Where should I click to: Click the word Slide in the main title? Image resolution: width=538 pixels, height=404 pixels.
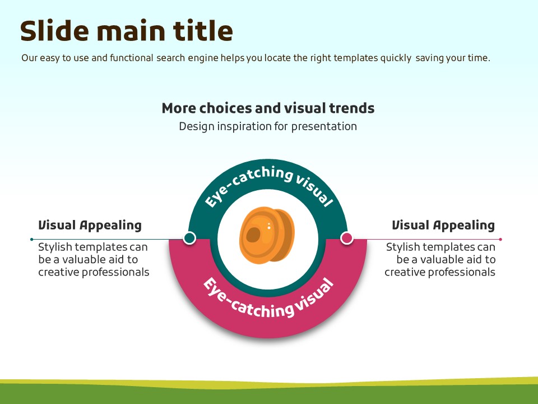(x=54, y=30)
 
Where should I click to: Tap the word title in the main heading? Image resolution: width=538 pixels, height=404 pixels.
(x=203, y=30)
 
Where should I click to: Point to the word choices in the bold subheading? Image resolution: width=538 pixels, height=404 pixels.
(x=226, y=108)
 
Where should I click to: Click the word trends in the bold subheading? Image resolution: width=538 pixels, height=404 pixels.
(x=352, y=108)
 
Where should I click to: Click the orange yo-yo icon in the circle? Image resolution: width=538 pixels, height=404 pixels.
(x=267, y=235)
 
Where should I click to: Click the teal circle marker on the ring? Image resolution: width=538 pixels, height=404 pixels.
(x=189, y=238)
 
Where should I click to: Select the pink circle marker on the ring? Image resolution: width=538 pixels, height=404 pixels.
(x=347, y=238)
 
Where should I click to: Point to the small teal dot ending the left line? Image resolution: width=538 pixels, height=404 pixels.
(x=32, y=239)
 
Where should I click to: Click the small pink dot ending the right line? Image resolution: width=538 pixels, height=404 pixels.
(x=500, y=239)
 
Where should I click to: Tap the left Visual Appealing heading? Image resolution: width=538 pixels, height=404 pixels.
(x=90, y=226)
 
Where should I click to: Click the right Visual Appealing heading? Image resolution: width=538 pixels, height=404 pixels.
(x=443, y=226)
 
